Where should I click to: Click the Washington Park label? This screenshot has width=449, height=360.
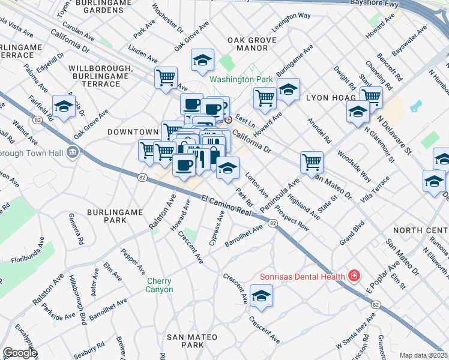(x=241, y=79)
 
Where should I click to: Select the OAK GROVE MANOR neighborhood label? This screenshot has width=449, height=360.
(x=247, y=45)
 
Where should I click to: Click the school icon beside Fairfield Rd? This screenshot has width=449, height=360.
(x=63, y=106)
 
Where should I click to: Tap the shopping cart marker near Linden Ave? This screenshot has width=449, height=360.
(x=166, y=77)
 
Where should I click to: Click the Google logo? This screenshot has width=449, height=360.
(x=20, y=353)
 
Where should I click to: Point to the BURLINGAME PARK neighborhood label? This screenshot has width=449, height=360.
(x=115, y=216)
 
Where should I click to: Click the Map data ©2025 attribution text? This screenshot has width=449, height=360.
(x=423, y=355)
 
